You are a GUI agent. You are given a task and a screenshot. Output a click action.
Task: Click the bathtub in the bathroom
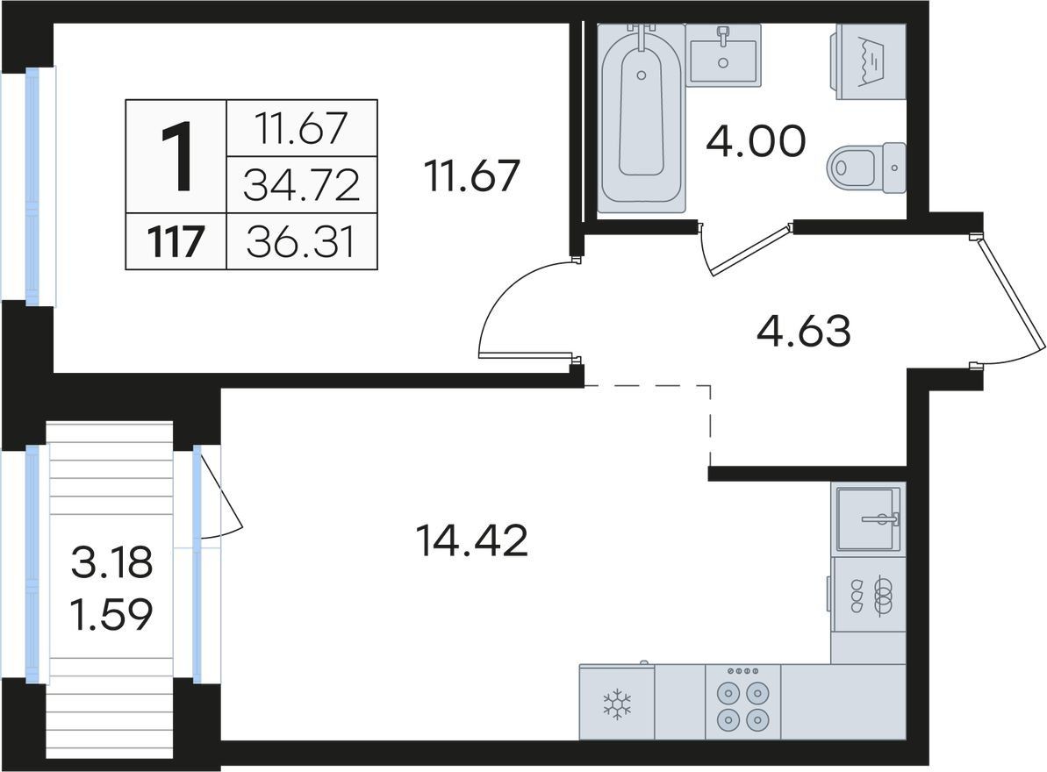641,118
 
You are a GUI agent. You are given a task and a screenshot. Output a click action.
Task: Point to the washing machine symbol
868,62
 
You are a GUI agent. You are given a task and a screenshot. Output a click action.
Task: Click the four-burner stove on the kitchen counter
742,701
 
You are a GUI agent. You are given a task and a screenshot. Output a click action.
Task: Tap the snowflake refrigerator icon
617,704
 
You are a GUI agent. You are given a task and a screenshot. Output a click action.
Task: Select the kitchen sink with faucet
869,518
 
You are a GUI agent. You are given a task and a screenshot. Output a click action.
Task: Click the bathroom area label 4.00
757,141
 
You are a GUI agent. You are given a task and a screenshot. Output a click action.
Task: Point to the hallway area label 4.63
804,331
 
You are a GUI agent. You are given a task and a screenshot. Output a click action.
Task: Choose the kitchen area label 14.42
471,540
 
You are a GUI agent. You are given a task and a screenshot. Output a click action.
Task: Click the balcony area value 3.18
111,562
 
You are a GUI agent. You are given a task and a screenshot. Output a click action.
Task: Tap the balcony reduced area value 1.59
111,614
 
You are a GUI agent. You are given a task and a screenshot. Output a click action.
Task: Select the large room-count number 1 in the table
177,157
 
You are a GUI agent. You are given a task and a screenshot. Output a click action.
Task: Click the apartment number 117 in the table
176,241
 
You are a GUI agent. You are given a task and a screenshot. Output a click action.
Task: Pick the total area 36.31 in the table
301,241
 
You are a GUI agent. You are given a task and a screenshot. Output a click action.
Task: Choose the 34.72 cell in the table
302,185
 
